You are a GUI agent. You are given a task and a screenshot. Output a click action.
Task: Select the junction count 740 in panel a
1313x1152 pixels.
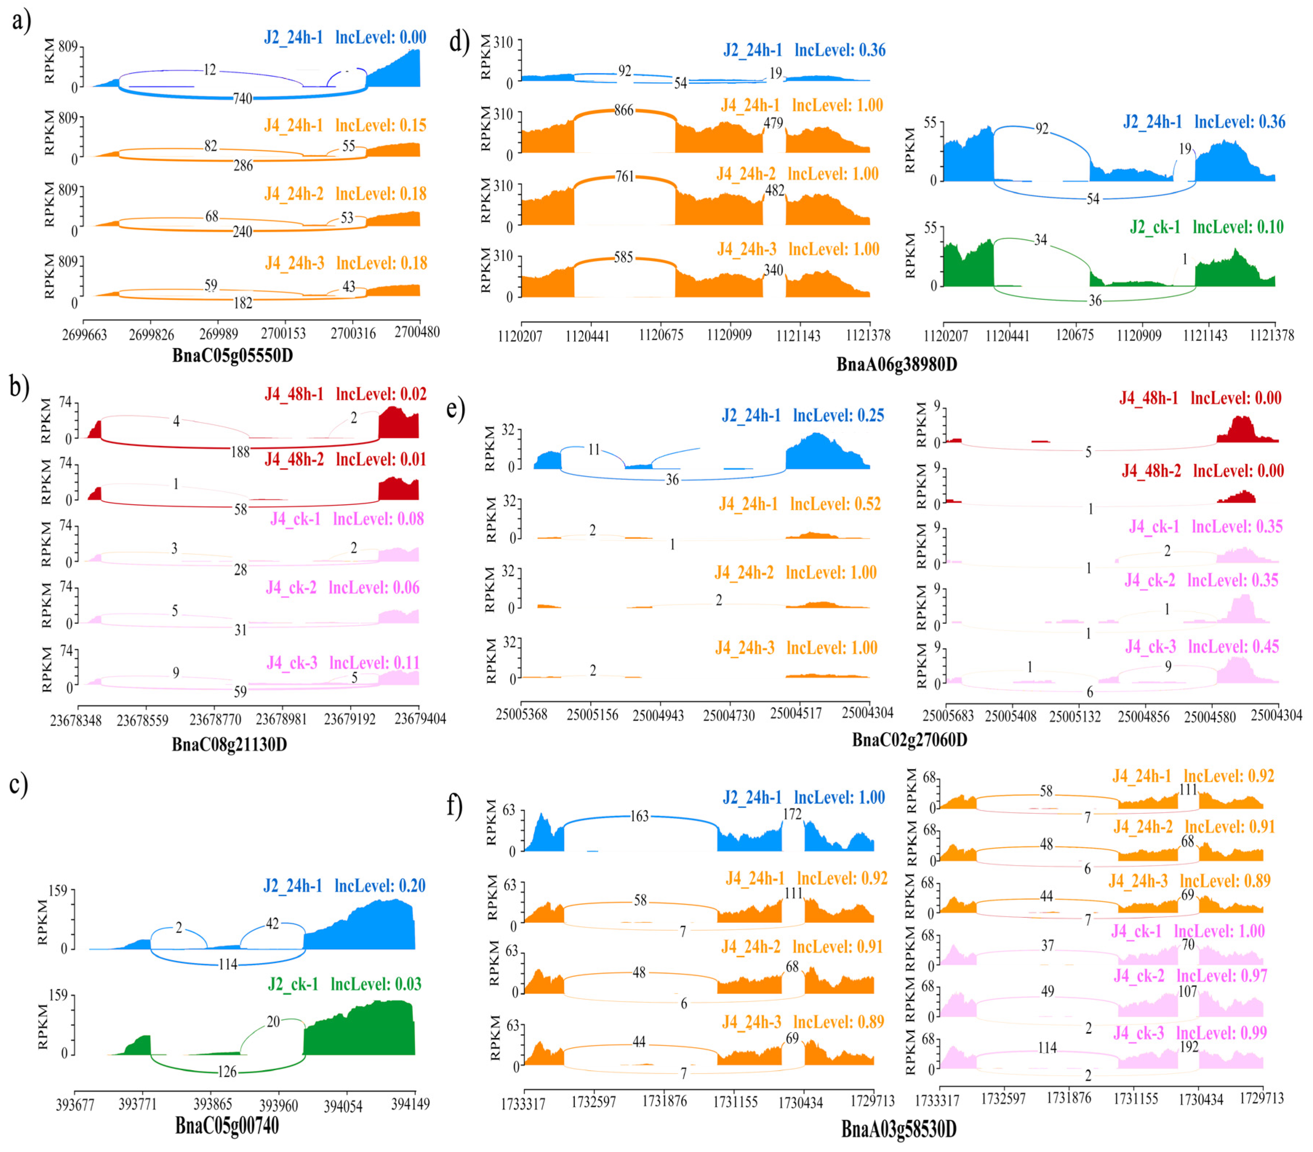click(242, 98)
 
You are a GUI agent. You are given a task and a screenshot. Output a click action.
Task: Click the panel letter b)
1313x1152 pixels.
click(19, 388)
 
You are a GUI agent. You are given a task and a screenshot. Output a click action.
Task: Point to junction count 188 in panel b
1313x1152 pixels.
click(240, 452)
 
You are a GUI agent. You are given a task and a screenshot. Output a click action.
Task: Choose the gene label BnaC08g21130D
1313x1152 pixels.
click(229, 744)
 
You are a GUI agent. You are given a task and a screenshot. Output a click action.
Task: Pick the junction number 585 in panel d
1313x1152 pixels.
click(623, 258)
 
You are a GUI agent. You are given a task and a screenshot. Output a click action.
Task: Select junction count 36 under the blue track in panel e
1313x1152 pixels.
click(672, 480)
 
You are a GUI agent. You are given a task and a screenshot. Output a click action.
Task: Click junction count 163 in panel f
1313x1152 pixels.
click(639, 816)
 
